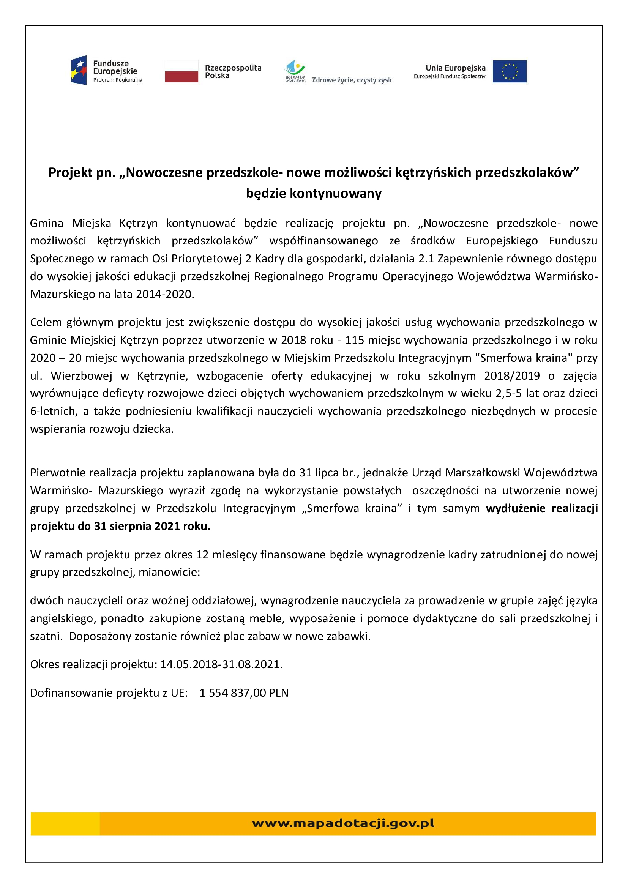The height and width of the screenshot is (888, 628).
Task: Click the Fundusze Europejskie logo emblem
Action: pyautogui.click(x=79, y=70)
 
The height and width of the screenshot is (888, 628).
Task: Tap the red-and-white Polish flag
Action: pyautogui.click(x=181, y=71)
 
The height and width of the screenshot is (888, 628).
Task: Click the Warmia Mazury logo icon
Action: pyautogui.click(x=295, y=70)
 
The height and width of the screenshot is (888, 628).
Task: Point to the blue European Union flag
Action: pyautogui.click(x=509, y=71)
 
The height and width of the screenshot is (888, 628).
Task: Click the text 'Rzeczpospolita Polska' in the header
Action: pyautogui.click(x=233, y=71)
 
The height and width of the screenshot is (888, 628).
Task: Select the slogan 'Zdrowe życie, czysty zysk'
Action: pyautogui.click(x=352, y=80)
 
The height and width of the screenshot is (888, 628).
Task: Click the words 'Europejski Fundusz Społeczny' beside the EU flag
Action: pyautogui.click(x=449, y=77)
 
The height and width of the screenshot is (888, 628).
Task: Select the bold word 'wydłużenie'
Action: pyautogui.click(x=516, y=508)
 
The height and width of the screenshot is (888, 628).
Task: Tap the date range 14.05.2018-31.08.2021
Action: pyautogui.click(x=221, y=664)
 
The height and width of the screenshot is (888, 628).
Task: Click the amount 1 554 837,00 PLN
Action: pyautogui.click(x=244, y=693)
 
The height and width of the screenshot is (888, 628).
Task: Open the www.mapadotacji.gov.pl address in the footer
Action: pyautogui.click(x=343, y=823)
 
